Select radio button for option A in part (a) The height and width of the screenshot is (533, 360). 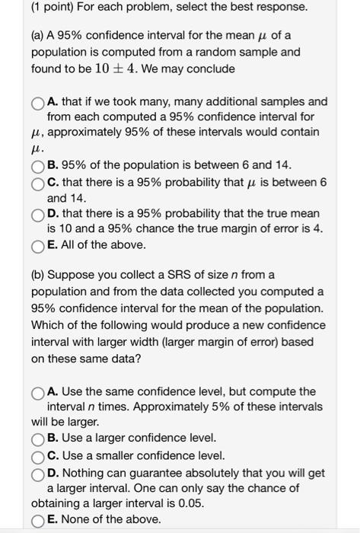[39, 101]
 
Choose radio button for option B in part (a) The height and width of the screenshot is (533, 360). [39, 165]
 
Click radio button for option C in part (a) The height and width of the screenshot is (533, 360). [39, 182]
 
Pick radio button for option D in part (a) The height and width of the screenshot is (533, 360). [39, 215]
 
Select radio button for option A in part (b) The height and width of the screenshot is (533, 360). [39, 391]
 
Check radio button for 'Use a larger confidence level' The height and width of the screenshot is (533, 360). [39, 439]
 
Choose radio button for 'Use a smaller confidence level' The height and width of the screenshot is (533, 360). [39, 455]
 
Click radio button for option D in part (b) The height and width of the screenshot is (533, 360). [39, 472]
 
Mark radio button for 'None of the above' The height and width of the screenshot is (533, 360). [39, 519]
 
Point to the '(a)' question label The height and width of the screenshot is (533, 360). [40, 37]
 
